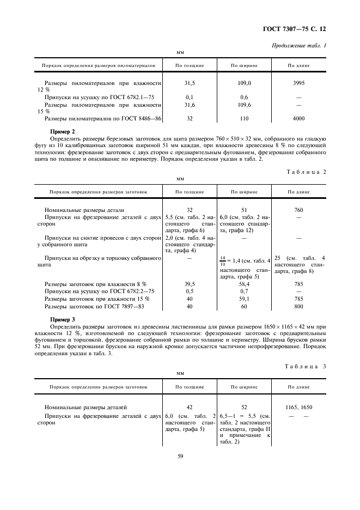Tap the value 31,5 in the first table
pos(190,83)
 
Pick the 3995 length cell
pos(298,83)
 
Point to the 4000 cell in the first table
pos(298,118)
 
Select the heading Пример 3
pos(62,319)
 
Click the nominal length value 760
pos(298,209)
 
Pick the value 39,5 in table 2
pos(190,284)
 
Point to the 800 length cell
pos(298,307)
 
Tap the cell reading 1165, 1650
pos(298,407)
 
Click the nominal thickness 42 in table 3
pos(190,407)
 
